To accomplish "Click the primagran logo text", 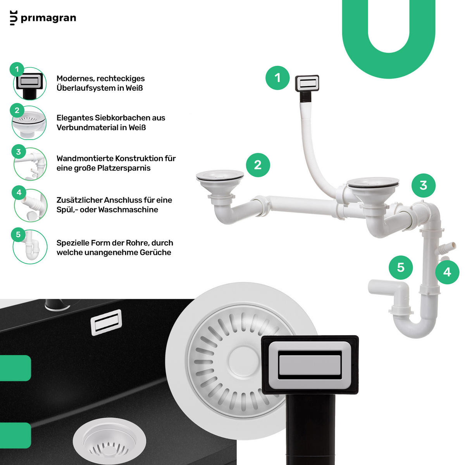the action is pos(48,18).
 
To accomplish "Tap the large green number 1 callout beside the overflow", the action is pos(277,78).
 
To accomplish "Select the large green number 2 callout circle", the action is pos(258,165).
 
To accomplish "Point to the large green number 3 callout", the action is pos(424,185).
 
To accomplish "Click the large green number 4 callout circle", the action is pos(447,272).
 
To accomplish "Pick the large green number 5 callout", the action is pos(401,267).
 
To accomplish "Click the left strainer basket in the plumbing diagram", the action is pos(220,184).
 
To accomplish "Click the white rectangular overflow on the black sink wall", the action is pos(106,322).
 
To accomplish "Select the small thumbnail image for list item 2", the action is pos(29,123).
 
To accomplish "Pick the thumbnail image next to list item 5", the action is pos(30,246).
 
